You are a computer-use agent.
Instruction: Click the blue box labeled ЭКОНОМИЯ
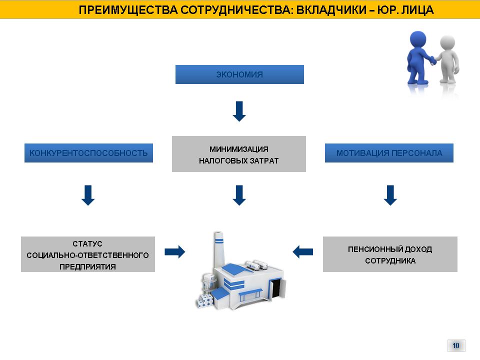(239, 74)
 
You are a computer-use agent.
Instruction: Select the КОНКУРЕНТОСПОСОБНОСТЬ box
(88, 153)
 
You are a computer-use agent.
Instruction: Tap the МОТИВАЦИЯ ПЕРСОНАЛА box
(389, 153)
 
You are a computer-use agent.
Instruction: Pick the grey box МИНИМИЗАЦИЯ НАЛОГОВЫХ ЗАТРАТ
(239, 154)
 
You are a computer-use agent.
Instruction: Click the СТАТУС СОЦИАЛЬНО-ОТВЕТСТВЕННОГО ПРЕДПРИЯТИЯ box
(88, 254)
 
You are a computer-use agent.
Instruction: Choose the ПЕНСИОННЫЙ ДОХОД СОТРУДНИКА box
(390, 254)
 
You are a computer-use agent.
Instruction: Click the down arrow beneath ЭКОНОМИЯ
(239, 111)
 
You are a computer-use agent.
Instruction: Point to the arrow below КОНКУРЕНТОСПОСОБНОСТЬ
(88, 195)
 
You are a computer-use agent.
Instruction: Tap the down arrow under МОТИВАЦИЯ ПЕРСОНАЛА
(390, 195)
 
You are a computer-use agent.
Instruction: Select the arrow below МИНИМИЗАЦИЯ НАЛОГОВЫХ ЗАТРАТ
(239, 195)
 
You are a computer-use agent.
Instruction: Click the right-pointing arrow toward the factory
(175, 252)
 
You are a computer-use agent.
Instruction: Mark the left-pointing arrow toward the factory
(303, 252)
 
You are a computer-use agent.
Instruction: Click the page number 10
(456, 345)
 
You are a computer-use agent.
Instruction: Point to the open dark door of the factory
(276, 288)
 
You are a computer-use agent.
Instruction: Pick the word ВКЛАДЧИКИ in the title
(331, 10)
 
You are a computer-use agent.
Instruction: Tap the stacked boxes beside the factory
(204, 300)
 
